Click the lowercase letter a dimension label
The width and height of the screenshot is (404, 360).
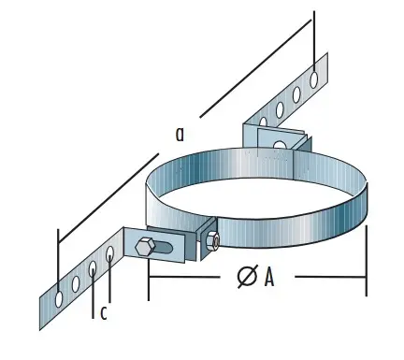point(180,135)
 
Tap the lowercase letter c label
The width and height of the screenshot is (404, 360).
point(104,312)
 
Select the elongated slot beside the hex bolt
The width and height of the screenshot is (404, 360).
point(166,250)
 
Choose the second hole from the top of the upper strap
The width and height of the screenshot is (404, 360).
point(297,92)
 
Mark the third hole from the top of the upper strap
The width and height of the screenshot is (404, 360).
point(278,110)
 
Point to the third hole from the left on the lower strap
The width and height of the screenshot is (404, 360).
point(93,269)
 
